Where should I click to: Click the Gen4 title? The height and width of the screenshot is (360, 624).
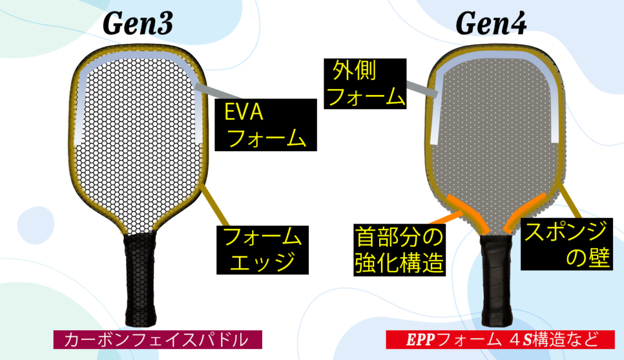point(491,23)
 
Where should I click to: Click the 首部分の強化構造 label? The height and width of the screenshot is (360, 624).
point(399,250)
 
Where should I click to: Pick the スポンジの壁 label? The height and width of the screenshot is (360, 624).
point(567,247)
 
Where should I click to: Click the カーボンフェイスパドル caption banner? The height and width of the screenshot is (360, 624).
point(158,339)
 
